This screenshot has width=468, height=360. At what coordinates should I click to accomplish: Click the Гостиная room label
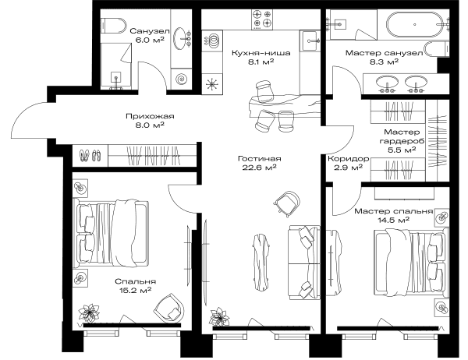pyautogui.click(x=260, y=158)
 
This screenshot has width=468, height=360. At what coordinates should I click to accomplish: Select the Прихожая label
pyautogui.click(x=150, y=116)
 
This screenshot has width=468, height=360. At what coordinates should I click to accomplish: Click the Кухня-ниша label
pyautogui.click(x=261, y=53)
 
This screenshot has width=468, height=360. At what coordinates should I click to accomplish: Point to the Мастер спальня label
pyautogui.click(x=394, y=211)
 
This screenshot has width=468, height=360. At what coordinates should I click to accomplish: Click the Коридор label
pyautogui.click(x=349, y=159)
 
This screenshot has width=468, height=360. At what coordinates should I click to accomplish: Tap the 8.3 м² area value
pyautogui.click(x=384, y=62)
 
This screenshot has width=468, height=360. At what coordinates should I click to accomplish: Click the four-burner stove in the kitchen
pyautogui.click(x=262, y=19)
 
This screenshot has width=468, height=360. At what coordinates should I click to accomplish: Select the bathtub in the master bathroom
pyautogui.click(x=415, y=24)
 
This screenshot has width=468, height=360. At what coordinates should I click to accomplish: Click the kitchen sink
pyautogui.click(x=310, y=41)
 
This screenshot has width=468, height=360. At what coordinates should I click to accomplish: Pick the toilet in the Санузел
pyautogui.click(x=114, y=26)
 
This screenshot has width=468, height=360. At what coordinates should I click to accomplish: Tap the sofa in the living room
pyautogui.click(x=304, y=263)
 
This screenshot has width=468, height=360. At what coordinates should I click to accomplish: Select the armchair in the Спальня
pyautogui.click(x=168, y=309)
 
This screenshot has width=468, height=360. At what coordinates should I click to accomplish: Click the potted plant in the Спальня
pyautogui.click(x=89, y=313)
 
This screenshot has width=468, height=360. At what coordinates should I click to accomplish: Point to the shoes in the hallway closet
pyautogui.click(x=89, y=155)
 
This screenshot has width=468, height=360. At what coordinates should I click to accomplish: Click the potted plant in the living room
pyautogui.click(x=219, y=316)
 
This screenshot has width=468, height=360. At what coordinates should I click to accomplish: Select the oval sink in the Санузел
pyautogui.click(x=181, y=38)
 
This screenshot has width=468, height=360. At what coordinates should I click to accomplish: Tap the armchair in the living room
pyautogui.click(x=286, y=203)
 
